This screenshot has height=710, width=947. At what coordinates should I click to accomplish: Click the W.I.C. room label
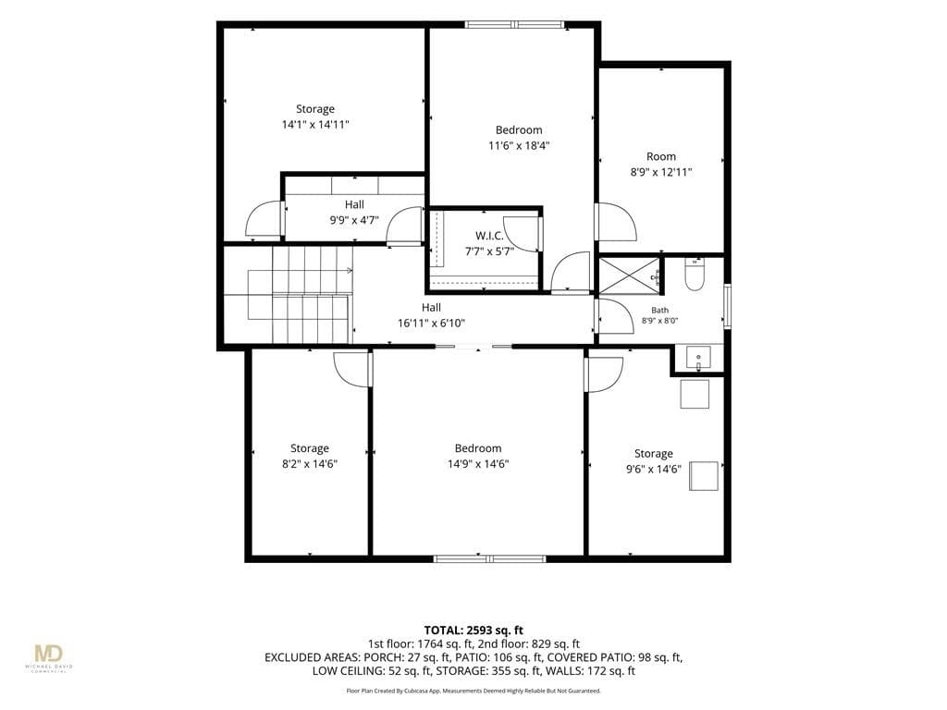[x=489, y=236]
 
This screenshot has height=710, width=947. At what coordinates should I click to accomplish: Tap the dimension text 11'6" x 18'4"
[x=519, y=145]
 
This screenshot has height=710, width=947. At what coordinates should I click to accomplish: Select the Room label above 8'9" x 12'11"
[x=661, y=156]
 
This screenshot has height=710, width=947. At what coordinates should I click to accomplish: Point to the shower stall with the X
[x=629, y=275]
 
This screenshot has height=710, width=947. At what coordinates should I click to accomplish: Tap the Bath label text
[x=659, y=310]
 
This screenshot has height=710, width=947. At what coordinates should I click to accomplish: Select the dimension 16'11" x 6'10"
[x=431, y=323]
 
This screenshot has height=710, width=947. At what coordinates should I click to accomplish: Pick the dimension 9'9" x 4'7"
[x=354, y=220]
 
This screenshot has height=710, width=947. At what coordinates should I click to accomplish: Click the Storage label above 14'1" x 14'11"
[x=315, y=109]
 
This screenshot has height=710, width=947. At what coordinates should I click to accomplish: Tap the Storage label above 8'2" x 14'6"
[x=310, y=448]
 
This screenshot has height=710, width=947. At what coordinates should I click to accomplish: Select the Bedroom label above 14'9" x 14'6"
[x=478, y=448]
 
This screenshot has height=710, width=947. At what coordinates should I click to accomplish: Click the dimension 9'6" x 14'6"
[x=654, y=469]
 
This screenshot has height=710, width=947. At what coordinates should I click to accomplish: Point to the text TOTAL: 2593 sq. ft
[x=473, y=630]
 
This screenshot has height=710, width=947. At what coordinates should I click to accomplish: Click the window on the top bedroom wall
[x=514, y=25]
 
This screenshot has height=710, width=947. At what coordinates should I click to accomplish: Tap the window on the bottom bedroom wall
[x=490, y=558]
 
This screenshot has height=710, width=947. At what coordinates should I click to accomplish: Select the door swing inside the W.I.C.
[x=521, y=233]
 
